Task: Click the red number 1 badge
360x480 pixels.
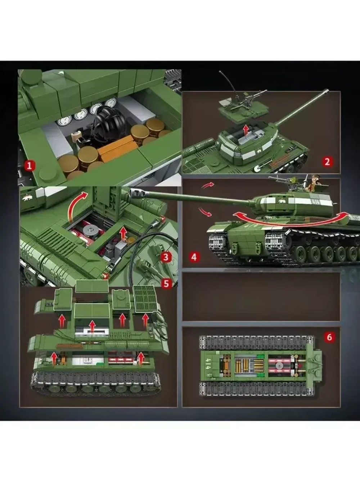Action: (30, 165)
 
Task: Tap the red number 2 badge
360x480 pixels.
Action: (327, 162)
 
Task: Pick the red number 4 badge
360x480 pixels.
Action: (194, 257)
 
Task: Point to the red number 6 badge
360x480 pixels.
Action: (329, 337)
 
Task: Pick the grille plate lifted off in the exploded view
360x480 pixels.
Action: (145, 299)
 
